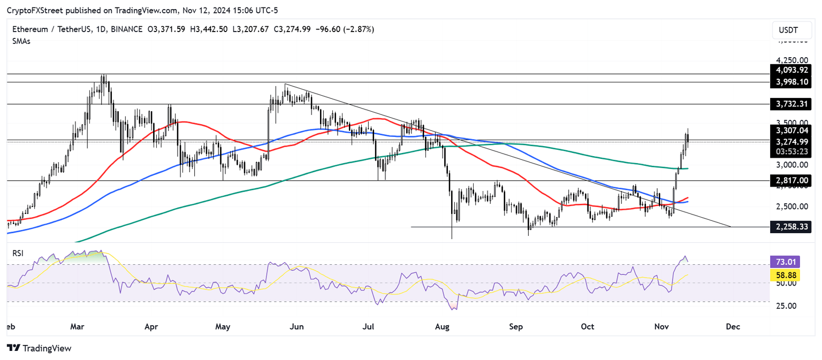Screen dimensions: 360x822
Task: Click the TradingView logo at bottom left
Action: (x=39, y=348)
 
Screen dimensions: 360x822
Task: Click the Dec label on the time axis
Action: (x=733, y=326)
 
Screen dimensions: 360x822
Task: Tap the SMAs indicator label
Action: (x=21, y=41)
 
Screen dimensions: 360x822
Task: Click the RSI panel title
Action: (x=19, y=253)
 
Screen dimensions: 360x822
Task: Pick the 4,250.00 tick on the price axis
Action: (x=793, y=60)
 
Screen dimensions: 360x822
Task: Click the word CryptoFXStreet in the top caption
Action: (x=33, y=11)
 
